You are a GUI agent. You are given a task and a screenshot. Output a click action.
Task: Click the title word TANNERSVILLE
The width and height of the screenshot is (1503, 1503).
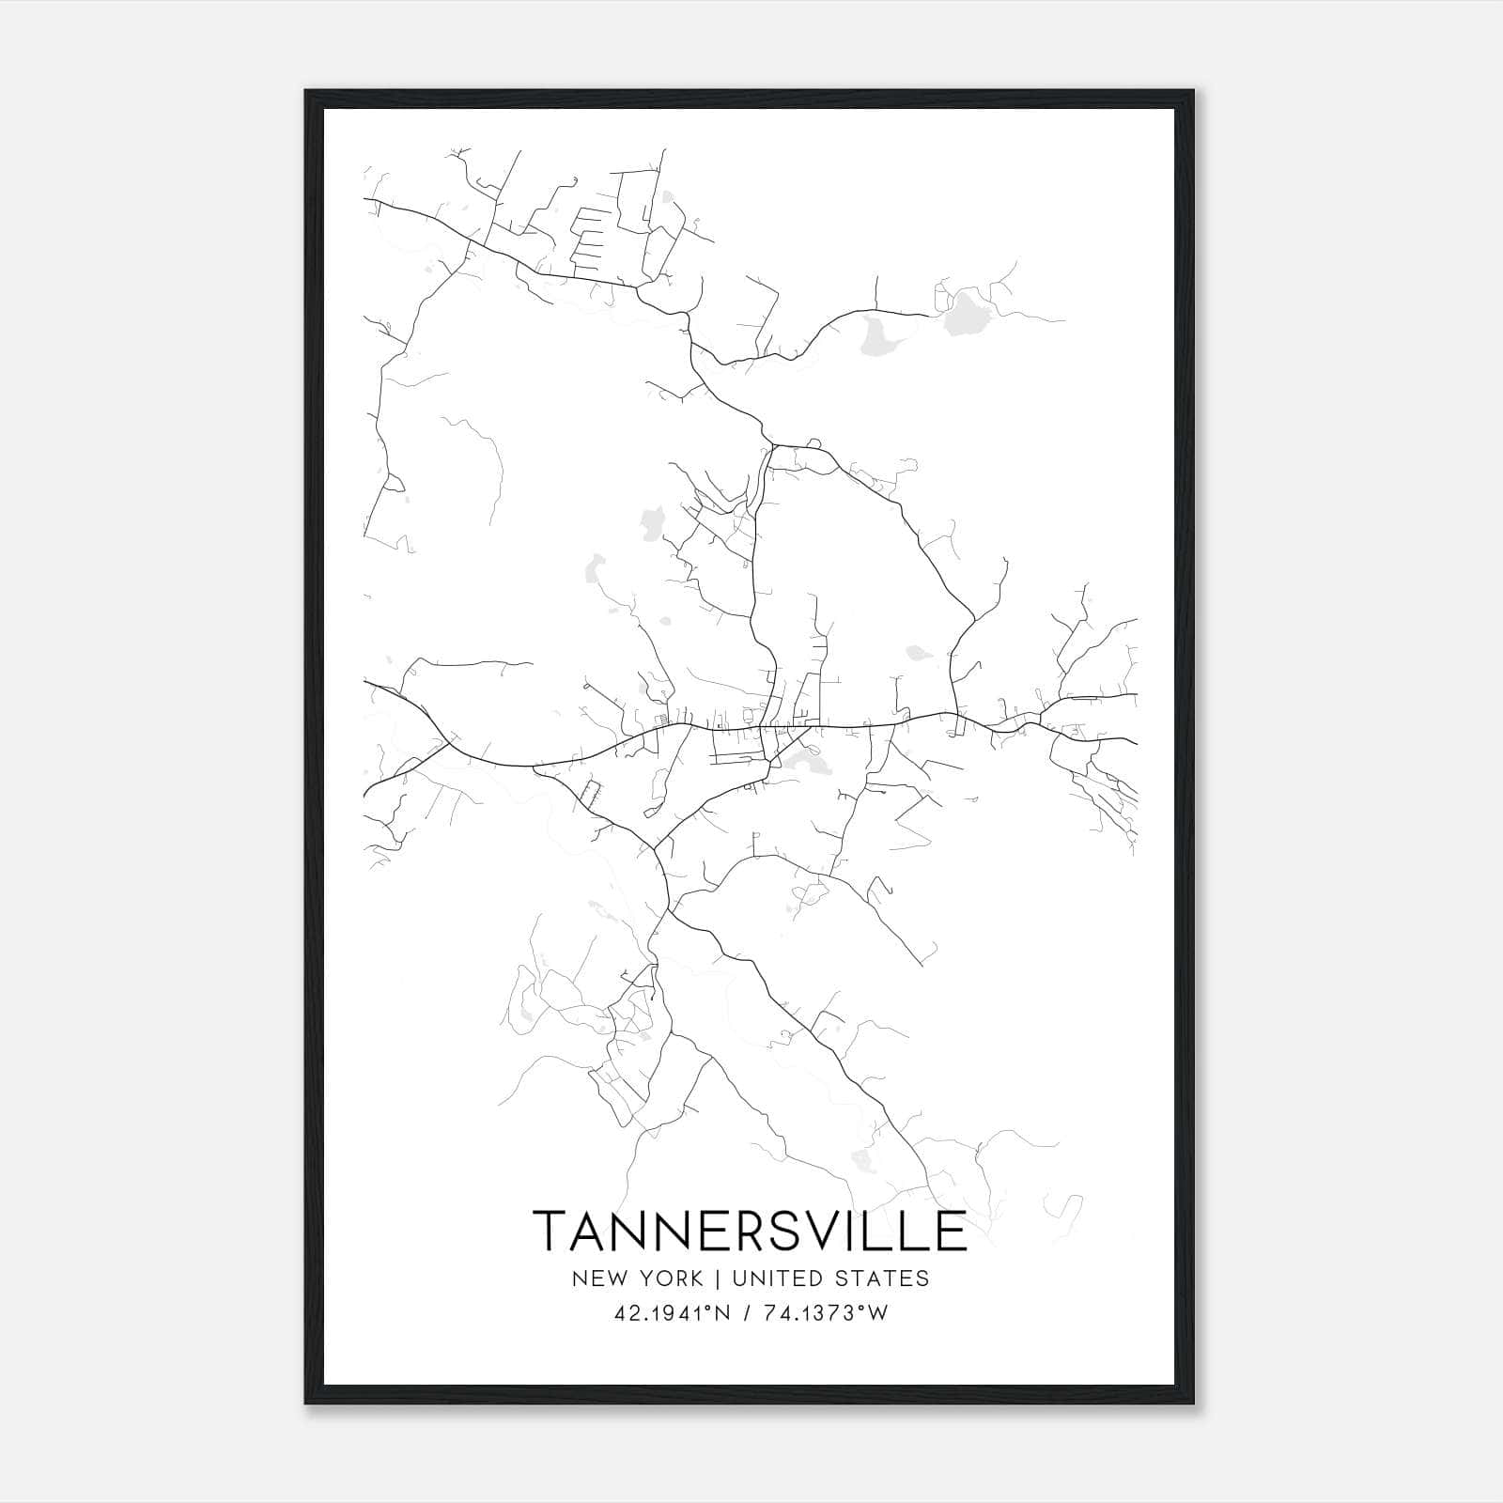tap(750, 1231)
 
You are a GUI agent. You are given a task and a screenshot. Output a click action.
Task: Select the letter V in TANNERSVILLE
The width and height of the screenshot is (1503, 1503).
tap(827, 1231)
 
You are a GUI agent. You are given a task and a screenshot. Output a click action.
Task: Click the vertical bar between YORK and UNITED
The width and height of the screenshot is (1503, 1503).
tap(717, 1278)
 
